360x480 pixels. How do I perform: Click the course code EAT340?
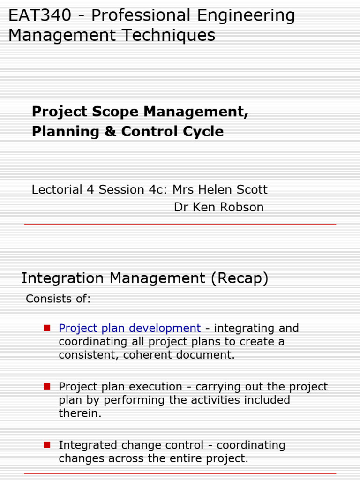tap(40, 15)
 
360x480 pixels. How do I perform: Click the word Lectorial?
tap(57, 190)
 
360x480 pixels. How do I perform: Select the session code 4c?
tap(158, 190)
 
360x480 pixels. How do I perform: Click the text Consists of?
tap(58, 299)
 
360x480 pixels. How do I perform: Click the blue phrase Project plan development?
tap(129, 328)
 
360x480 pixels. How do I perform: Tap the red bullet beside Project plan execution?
tap(47, 386)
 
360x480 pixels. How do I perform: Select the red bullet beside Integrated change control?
tap(47, 444)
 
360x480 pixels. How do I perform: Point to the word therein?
tap(80, 413)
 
